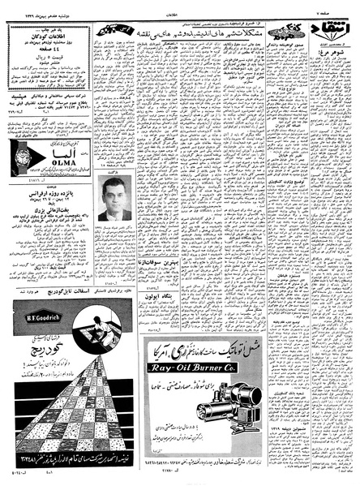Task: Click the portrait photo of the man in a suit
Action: [x=114, y=199]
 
